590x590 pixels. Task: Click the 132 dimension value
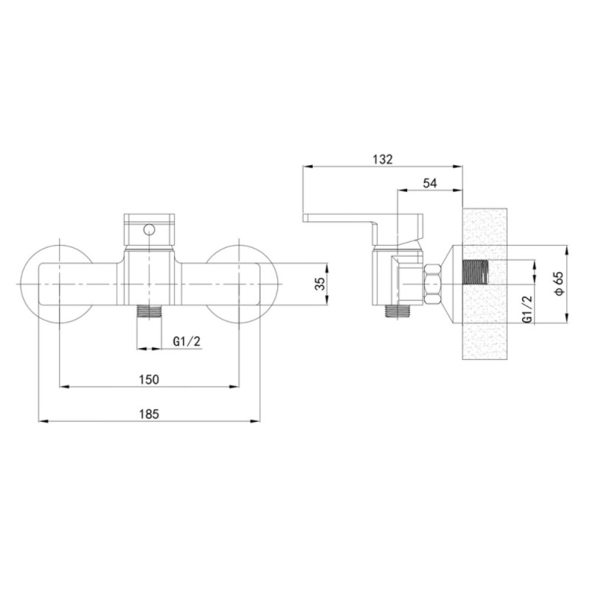pos(382,159)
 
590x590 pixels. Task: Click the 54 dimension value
pos(430,183)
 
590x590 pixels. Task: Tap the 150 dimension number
pos(149,379)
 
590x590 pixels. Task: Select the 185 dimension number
pos(149,414)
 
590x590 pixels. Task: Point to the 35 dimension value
pos(320,284)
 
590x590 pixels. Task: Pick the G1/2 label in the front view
pos(187,341)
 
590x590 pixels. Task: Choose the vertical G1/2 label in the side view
pos(527,308)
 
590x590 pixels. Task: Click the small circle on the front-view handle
pos(150,229)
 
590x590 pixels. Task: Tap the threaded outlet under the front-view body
pos(150,311)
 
